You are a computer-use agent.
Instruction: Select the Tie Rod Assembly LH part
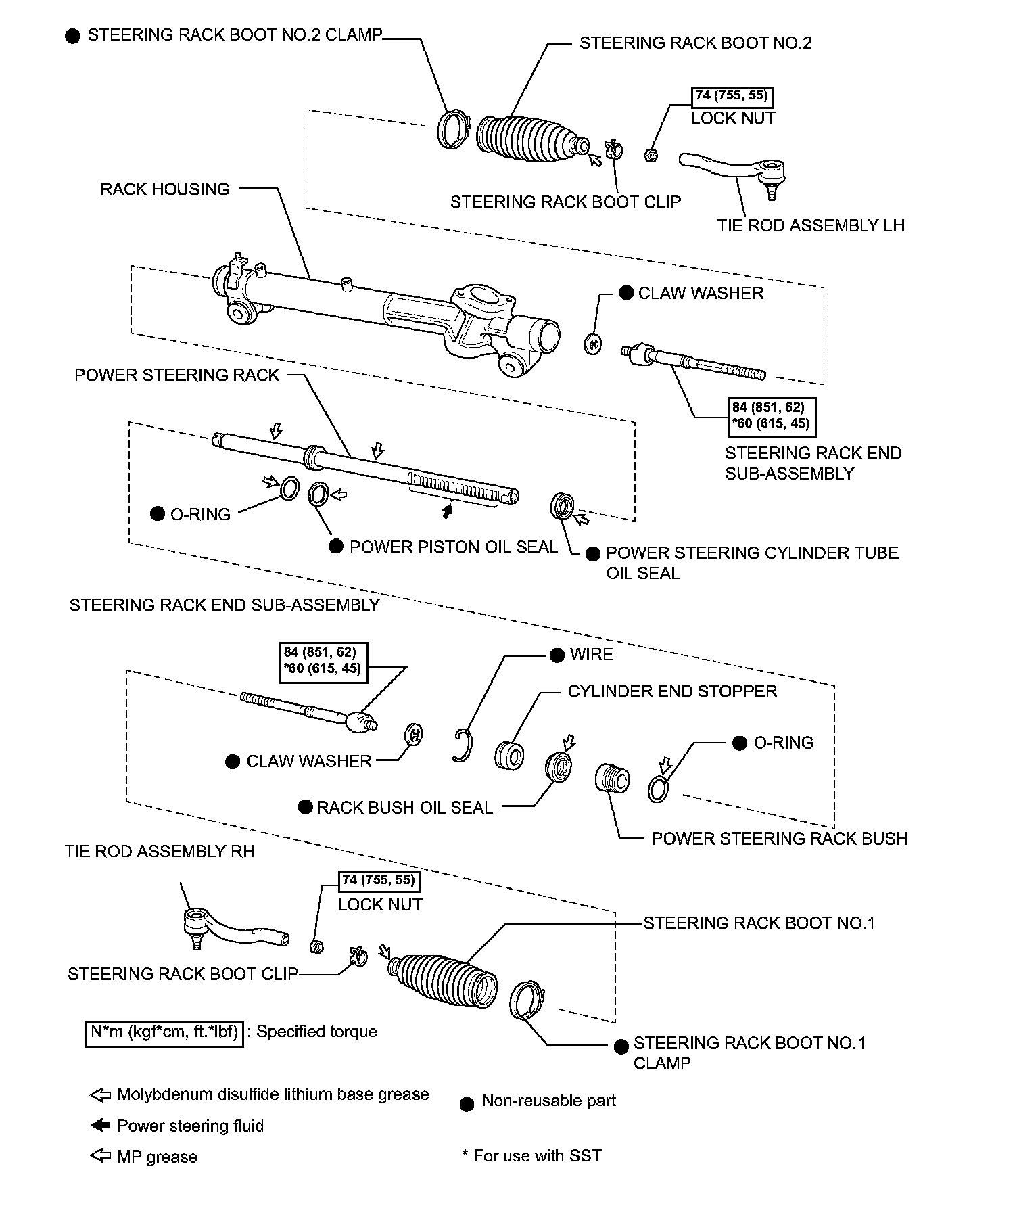coord(737,169)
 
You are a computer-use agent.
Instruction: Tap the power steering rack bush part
coord(613,778)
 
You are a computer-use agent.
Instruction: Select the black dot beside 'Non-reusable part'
coord(466,1105)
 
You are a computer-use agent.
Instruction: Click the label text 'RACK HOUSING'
coord(165,189)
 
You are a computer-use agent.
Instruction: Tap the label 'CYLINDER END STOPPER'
coord(672,691)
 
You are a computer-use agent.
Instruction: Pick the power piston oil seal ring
coord(319,494)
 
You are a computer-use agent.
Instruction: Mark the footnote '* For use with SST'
coord(531,1155)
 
